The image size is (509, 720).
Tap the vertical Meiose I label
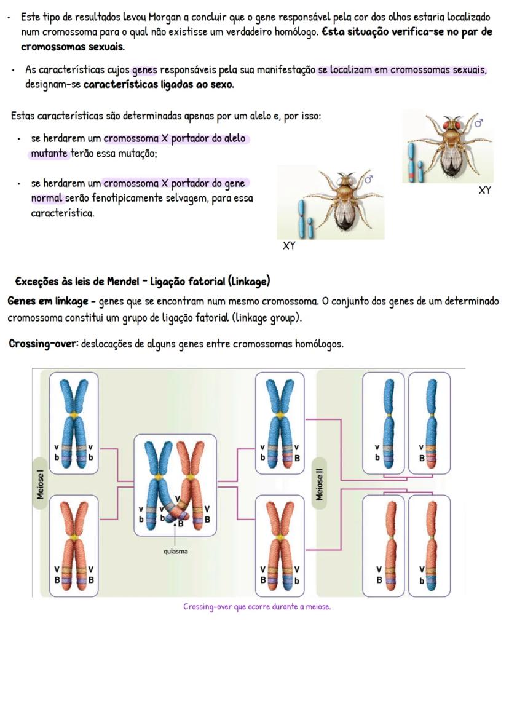click(x=41, y=484)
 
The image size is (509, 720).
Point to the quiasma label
click(x=176, y=551)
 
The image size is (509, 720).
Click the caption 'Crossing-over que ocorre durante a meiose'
click(x=256, y=607)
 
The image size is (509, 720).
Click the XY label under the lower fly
click(x=289, y=246)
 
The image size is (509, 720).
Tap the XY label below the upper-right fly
click(x=484, y=190)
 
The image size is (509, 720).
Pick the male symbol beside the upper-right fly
click(x=478, y=123)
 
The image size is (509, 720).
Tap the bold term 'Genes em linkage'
click(x=48, y=302)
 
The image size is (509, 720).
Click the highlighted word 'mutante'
click(x=49, y=153)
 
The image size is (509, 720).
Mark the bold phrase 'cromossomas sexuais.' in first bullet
click(x=73, y=47)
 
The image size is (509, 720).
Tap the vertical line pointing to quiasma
click(x=175, y=534)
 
